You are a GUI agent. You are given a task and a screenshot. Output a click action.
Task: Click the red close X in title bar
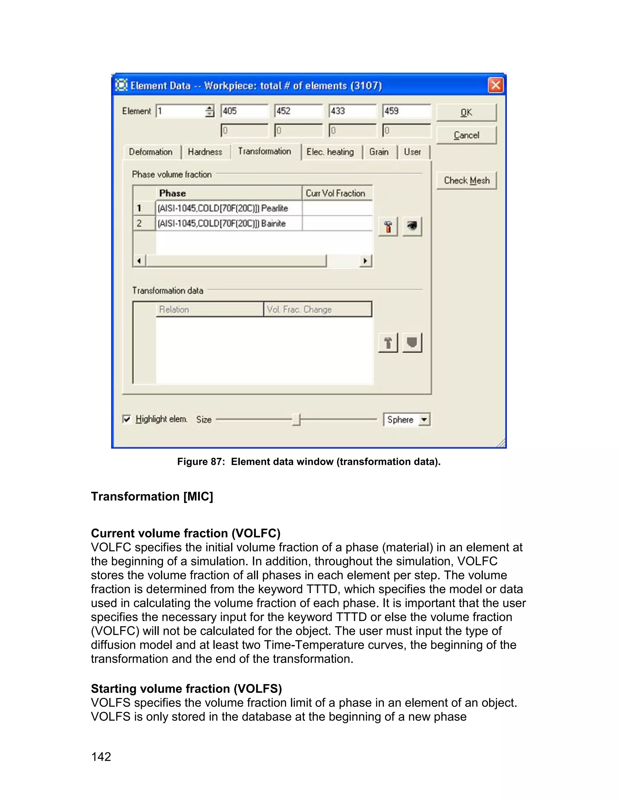click(x=495, y=85)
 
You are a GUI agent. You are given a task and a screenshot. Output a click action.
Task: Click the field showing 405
click(x=244, y=111)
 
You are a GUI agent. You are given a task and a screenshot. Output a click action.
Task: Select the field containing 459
click(x=406, y=111)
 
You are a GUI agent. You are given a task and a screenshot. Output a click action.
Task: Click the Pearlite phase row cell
click(x=228, y=208)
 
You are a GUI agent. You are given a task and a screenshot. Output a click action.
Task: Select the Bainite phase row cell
click(x=228, y=223)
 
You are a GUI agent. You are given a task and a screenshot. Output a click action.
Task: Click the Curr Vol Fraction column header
click(x=336, y=193)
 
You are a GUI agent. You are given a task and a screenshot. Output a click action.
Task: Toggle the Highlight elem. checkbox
click(x=127, y=419)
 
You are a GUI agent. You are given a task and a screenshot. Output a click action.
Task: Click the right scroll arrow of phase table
click(x=365, y=261)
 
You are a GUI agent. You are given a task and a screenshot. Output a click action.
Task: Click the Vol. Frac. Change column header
click(x=317, y=309)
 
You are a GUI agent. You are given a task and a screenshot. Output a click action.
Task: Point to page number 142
click(x=101, y=757)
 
